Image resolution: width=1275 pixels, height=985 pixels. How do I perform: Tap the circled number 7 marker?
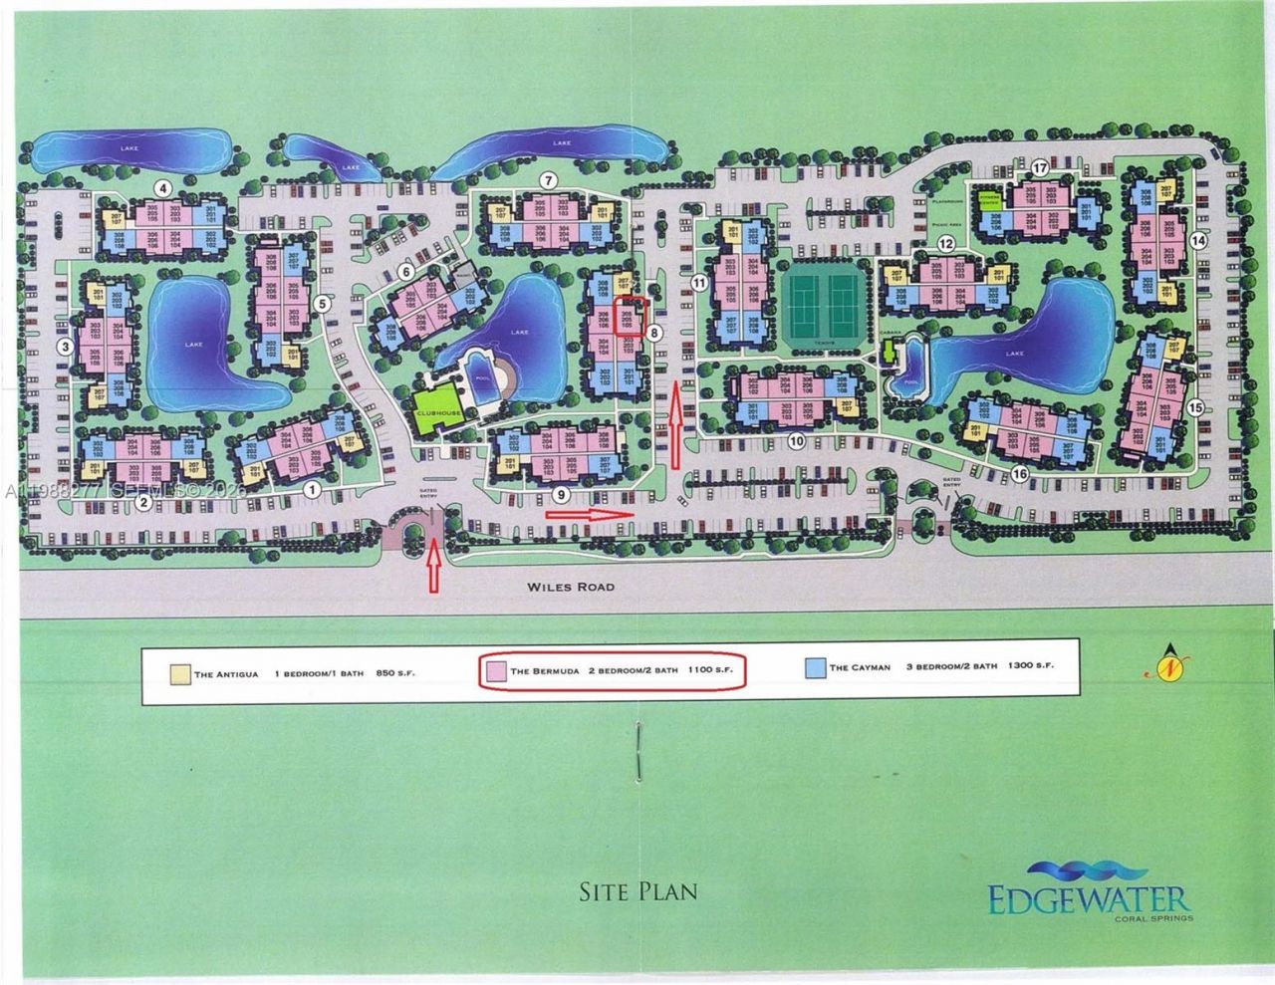548,180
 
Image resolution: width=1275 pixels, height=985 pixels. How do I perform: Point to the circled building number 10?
796,440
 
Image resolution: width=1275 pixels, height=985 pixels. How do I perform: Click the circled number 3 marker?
64,347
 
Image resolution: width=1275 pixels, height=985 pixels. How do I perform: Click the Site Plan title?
638,889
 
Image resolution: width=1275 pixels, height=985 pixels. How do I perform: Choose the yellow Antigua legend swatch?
180,672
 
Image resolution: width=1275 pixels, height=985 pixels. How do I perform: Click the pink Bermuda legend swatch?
495,670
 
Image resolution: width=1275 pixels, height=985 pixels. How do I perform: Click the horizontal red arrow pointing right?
591,514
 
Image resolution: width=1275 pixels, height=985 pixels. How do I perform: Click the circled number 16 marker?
1018,475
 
